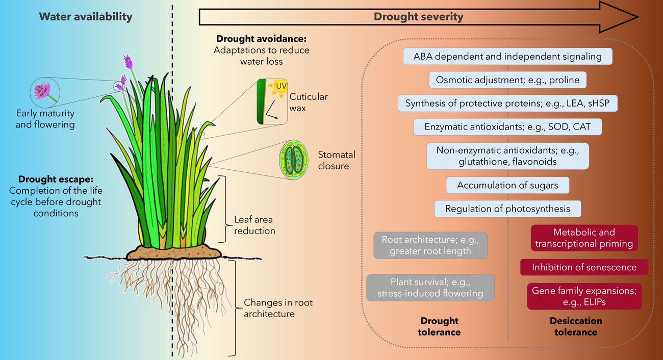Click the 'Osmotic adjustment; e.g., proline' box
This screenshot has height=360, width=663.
pyautogui.click(x=508, y=80)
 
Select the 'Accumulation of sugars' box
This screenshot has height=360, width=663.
pyautogui.click(x=507, y=186)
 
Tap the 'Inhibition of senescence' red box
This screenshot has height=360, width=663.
pyautogui.click(x=584, y=267)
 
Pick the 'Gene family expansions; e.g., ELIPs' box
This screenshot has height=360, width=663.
pyautogui.click(x=584, y=296)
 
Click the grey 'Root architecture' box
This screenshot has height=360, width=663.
pyautogui.click(x=431, y=245)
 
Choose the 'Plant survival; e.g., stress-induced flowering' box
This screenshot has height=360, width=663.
pyautogui.click(x=430, y=288)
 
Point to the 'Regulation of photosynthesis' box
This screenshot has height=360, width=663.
pyautogui.click(x=507, y=209)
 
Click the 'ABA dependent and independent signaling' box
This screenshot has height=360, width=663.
pyautogui.click(x=507, y=56)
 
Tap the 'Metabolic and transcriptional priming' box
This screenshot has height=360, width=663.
pyautogui.click(x=584, y=238)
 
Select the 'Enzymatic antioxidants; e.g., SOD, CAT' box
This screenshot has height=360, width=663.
pyautogui.click(x=507, y=126)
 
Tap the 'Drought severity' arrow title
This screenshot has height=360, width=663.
pyautogui.click(x=418, y=17)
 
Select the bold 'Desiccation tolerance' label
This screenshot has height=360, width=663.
pyautogui.click(x=576, y=326)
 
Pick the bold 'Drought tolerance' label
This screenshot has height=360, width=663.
pyautogui.click(x=440, y=326)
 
